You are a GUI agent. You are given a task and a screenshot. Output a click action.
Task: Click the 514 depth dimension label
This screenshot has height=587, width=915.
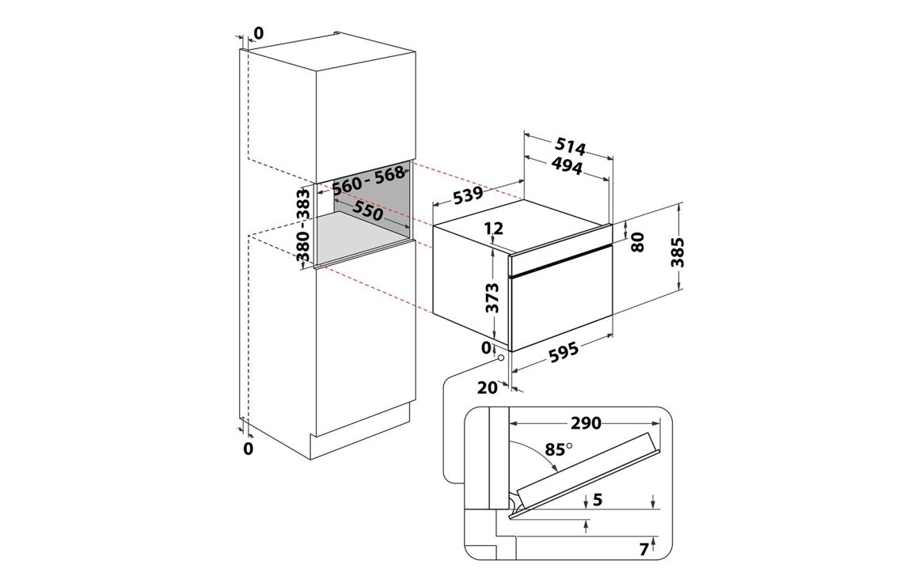[x=571, y=147]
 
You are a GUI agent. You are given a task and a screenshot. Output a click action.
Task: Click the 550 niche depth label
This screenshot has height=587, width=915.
[x=368, y=212]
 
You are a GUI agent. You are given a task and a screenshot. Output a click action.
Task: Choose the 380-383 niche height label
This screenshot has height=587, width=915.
[x=303, y=225]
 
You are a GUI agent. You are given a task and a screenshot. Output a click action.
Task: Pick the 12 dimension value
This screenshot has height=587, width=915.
[x=494, y=229]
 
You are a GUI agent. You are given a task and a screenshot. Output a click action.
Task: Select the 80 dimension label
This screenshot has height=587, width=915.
[x=640, y=240]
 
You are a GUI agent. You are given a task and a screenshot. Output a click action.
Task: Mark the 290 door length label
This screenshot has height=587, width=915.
[x=587, y=423]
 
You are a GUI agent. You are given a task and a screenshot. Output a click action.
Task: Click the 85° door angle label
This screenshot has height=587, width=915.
[x=556, y=449]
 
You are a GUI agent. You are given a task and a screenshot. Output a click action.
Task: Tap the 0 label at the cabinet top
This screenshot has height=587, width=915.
[x=258, y=33]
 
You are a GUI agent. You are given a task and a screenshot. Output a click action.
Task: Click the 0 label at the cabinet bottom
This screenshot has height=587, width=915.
[x=248, y=449]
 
